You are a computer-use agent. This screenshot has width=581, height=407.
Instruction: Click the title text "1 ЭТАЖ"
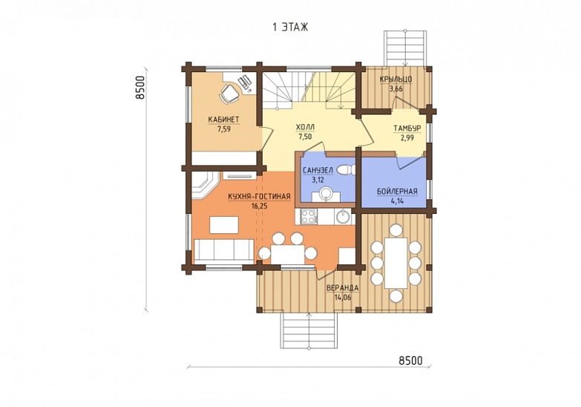[x=290, y=27]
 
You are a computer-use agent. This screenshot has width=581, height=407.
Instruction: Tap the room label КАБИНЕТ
[x=223, y=120]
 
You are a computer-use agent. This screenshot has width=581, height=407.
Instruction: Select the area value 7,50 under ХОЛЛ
[x=305, y=137]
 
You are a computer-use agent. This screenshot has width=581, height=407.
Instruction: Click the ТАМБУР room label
[x=407, y=128]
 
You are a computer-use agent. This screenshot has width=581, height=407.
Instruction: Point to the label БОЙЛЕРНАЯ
[x=397, y=192]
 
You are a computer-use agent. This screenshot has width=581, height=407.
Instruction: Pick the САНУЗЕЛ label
[x=318, y=171]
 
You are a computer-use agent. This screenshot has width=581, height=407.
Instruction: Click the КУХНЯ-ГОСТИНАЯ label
[x=259, y=197]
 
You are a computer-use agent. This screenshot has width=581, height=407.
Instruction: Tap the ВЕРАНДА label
[x=342, y=288]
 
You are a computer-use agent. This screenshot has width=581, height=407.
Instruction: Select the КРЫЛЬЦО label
[x=395, y=79]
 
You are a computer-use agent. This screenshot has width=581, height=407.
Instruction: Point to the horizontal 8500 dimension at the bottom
[x=410, y=360]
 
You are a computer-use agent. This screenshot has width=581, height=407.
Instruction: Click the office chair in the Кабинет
[x=229, y=93]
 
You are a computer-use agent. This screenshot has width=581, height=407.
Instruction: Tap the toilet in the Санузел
[x=346, y=170]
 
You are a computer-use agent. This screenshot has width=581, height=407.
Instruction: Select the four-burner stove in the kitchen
[x=308, y=217]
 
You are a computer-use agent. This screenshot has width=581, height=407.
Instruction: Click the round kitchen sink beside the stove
[x=342, y=217]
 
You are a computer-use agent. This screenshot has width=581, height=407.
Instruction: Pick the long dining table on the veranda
[x=396, y=263]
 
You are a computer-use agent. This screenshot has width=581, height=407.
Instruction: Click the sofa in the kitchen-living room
[x=224, y=250]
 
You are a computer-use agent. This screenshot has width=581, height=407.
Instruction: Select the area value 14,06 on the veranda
[x=342, y=297]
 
